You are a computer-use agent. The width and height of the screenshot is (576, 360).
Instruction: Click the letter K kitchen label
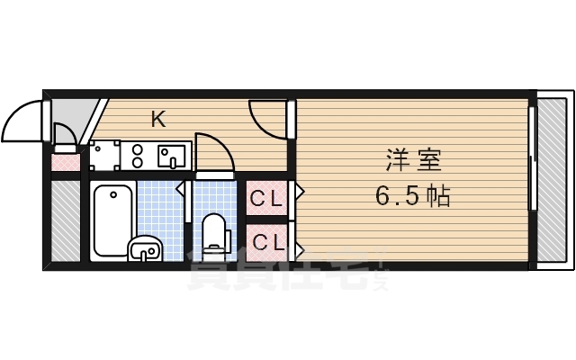coord(158,119)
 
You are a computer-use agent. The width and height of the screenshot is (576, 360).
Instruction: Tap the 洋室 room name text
coord(413,163)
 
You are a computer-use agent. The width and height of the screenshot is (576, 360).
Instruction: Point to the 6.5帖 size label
coord(413,195)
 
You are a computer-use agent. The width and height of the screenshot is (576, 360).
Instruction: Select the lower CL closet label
coord(266,241)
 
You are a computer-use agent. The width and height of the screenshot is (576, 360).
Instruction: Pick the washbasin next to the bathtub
coord(145,247)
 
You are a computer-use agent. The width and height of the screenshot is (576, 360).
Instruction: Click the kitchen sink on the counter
coord(171,157)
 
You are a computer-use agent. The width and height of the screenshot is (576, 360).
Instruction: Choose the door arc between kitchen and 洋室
coord(267,119)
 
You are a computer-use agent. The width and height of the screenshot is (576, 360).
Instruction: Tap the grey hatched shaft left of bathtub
coord(64,220)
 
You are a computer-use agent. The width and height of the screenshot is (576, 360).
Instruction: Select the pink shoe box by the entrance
coord(64,162)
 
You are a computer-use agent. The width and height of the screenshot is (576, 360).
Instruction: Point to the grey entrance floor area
coord(72,117)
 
